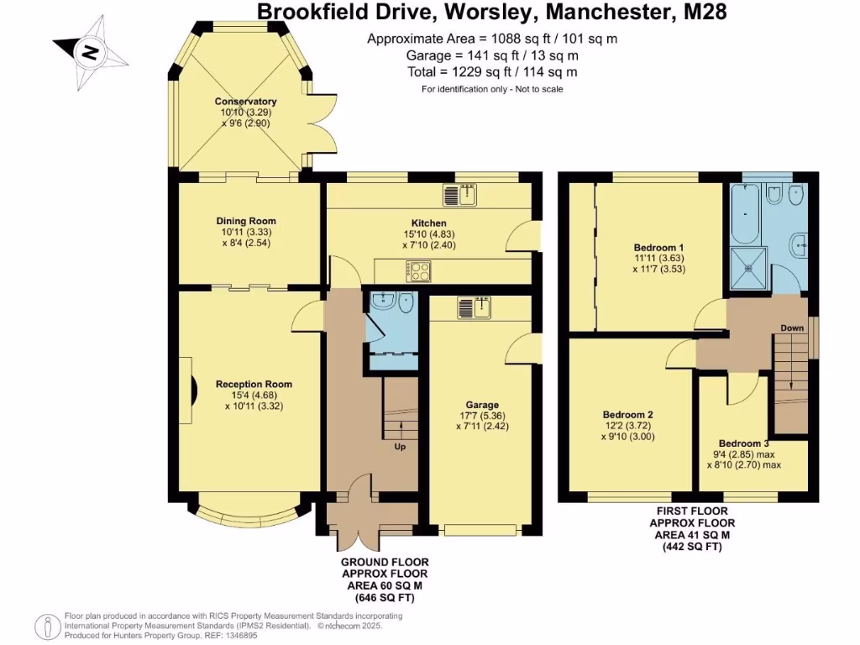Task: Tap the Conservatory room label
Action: tap(245, 102)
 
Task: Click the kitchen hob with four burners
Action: tap(419, 270)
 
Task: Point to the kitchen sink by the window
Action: tap(460, 195)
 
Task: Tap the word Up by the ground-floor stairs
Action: tap(400, 446)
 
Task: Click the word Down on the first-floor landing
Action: tap(792, 328)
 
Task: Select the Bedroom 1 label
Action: tap(655, 248)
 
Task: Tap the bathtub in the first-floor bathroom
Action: tap(745, 214)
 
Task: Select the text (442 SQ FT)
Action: tap(693, 546)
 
